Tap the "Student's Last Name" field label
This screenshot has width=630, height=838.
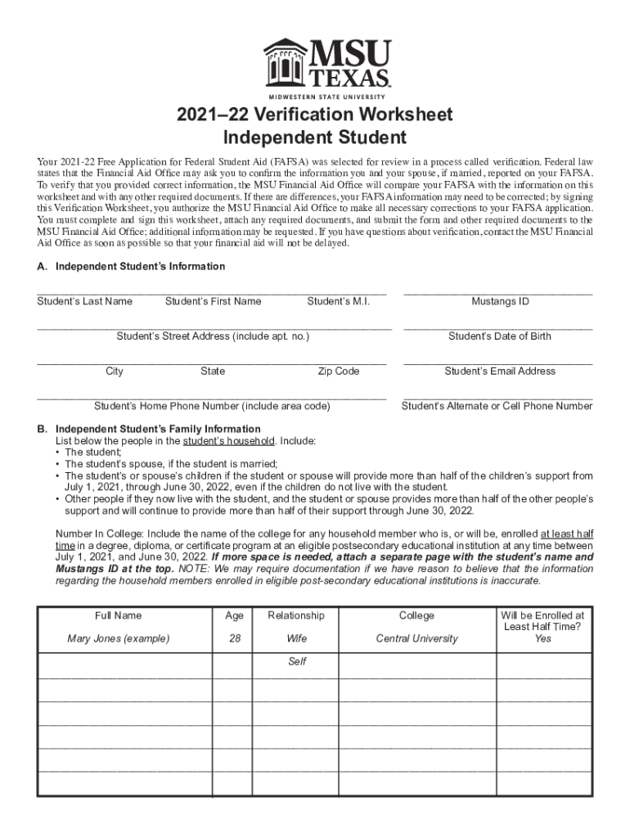(x=84, y=301)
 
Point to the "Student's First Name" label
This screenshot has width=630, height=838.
(x=213, y=301)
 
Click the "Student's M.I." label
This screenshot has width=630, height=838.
(x=338, y=301)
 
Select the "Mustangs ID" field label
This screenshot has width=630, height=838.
(x=500, y=301)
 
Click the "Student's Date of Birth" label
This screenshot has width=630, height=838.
(x=500, y=336)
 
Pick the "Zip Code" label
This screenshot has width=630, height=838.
(x=338, y=372)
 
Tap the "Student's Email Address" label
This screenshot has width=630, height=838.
(x=500, y=372)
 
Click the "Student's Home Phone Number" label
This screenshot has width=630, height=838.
(x=212, y=406)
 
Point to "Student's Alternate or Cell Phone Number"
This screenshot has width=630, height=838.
(x=497, y=406)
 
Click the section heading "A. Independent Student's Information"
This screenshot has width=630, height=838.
(x=131, y=267)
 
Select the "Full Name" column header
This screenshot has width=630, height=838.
(x=118, y=615)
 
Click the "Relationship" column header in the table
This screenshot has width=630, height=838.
(x=296, y=615)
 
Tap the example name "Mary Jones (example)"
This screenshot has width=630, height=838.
(x=118, y=638)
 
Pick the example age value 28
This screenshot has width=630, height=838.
(x=234, y=638)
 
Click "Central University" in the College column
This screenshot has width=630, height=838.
(x=417, y=638)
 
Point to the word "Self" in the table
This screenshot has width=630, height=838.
(x=296, y=661)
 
